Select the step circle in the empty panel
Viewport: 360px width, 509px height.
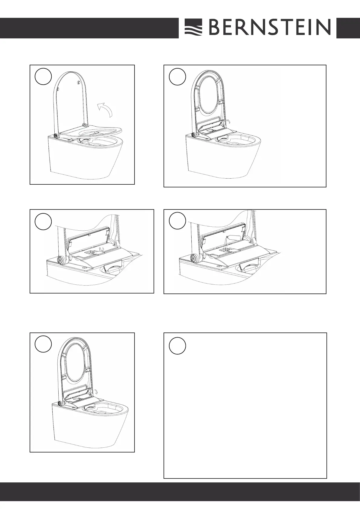coord(177,346)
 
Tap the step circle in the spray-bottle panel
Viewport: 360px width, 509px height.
coord(177,221)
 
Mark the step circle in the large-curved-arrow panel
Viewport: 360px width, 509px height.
coord(43,76)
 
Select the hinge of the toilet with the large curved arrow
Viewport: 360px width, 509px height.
coord(56,136)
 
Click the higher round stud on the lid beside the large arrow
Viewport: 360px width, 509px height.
coord(79,82)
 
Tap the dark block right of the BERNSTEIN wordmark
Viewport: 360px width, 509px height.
coord(348,28)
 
